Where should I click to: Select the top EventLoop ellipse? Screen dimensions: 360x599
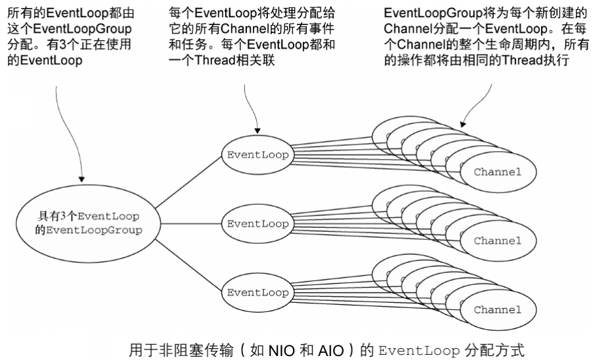pyautogui.click(x=253, y=156)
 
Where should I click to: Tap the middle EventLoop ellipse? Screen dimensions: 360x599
pyautogui.click(x=253, y=223)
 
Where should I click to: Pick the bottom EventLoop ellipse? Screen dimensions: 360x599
pyautogui.click(x=253, y=292)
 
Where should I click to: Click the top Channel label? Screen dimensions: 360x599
pyautogui.click(x=497, y=172)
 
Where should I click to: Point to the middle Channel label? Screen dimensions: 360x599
pyautogui.click(x=497, y=240)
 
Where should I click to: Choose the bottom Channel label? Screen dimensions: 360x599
pyautogui.click(x=497, y=309)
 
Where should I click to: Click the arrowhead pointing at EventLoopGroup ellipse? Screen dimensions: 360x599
pyautogui.click(x=83, y=178)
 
